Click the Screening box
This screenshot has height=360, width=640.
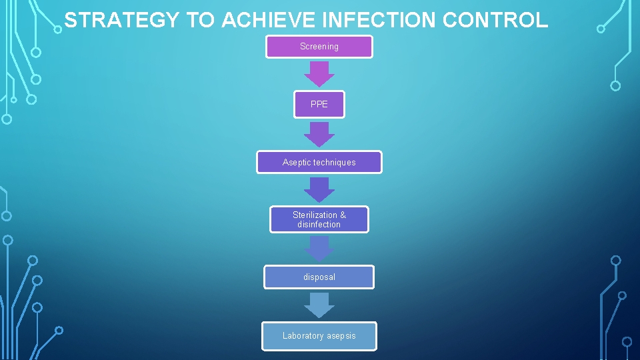point(319,47)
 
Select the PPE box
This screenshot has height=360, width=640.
point(319,105)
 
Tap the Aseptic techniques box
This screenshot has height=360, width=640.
point(319,162)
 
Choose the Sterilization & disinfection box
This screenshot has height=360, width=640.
point(319,219)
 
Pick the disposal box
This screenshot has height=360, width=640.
point(319,277)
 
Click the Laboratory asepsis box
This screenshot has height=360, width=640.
point(319,336)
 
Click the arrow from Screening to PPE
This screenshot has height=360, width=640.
point(319,74)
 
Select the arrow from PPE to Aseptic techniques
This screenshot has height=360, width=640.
point(319,134)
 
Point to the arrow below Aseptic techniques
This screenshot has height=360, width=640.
point(319,189)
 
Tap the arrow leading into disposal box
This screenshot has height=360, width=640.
point(319,249)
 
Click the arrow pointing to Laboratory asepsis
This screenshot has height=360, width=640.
point(319,305)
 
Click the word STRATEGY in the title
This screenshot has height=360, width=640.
point(122,20)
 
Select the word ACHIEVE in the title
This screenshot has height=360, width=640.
point(269,20)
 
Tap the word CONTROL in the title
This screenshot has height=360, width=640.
point(495,20)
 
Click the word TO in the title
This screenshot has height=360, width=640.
point(200,20)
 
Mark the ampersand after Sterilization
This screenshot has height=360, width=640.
point(343,215)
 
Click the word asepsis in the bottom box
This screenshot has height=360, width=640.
point(341,336)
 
